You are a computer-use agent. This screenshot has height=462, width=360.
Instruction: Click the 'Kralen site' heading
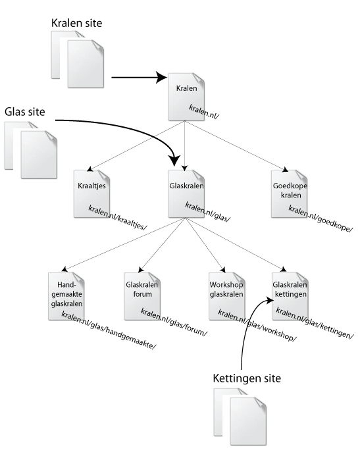click(x=76, y=23)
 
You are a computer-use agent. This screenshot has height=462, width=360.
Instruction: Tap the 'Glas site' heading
click(x=25, y=112)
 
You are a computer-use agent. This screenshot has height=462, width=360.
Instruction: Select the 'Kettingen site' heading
click(x=247, y=378)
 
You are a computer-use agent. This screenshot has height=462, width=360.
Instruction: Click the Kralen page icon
click(x=186, y=97)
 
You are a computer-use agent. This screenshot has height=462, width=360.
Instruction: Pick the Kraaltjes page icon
click(x=91, y=194)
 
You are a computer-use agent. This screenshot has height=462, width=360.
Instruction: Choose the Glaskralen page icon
click(x=186, y=194)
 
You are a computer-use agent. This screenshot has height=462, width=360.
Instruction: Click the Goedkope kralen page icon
click(x=289, y=194)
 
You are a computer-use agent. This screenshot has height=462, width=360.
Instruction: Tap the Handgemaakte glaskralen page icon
click(x=66, y=296)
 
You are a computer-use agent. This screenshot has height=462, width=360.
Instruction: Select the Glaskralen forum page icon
click(x=142, y=296)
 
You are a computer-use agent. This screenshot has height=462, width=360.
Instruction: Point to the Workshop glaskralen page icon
click(x=227, y=296)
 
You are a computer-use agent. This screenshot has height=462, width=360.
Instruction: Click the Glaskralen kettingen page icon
click(x=290, y=296)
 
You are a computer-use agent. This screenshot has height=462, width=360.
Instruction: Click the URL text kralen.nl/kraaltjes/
click(x=118, y=218)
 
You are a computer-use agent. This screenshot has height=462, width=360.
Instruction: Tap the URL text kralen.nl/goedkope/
click(x=321, y=218)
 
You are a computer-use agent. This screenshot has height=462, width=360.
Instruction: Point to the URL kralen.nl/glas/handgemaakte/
click(x=109, y=330)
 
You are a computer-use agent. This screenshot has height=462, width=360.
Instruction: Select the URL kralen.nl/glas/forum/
click(x=174, y=322)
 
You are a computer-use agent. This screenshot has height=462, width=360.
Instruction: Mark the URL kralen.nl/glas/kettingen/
click(x=315, y=322)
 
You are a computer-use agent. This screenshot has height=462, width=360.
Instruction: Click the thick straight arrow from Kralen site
click(x=139, y=78)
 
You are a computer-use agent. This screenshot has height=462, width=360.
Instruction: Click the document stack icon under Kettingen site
click(x=240, y=417)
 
